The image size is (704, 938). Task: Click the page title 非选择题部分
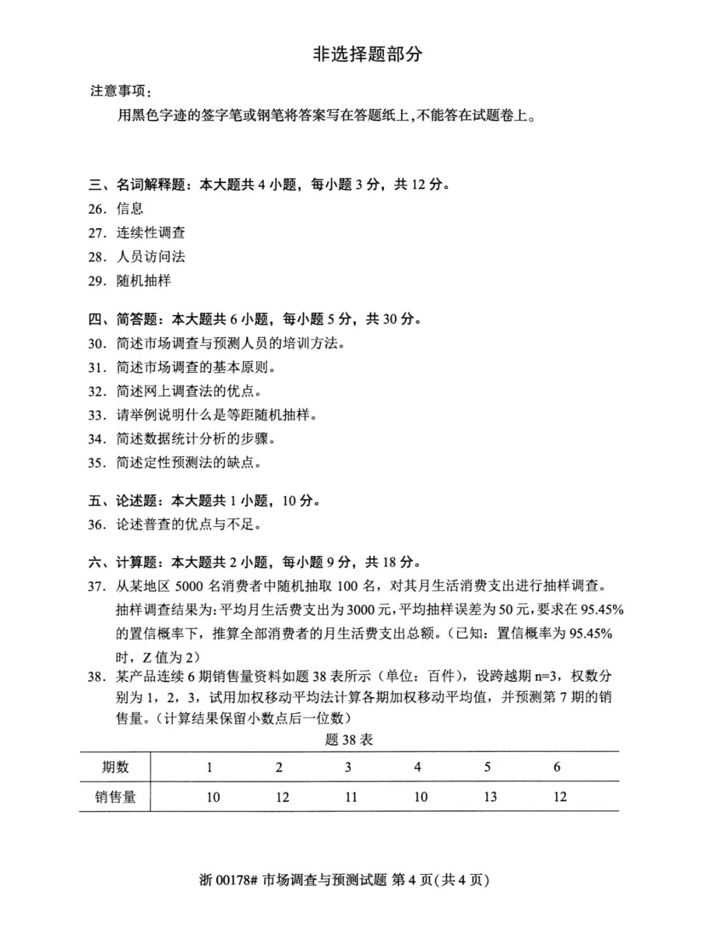coord(368,54)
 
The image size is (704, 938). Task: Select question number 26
coord(97,209)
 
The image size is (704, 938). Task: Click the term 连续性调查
coord(151,233)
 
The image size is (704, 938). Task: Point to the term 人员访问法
coord(151,257)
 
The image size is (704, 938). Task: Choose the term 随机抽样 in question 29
coord(143,281)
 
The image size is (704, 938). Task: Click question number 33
coord(97,415)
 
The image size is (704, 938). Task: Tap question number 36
coord(97,525)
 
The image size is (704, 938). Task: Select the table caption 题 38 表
coord(349,739)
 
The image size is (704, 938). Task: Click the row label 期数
coord(115,767)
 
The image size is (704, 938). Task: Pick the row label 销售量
coord(115,797)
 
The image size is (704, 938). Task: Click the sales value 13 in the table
coord(490,797)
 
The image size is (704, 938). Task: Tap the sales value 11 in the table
coord(351,797)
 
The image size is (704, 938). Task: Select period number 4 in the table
coord(418,767)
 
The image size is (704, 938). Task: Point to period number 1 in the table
coord(209,767)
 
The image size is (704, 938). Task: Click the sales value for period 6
coord(560,797)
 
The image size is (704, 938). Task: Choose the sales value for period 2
coord(282,797)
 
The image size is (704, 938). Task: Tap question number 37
coord(97,587)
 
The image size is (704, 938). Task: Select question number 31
coord(97,368)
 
